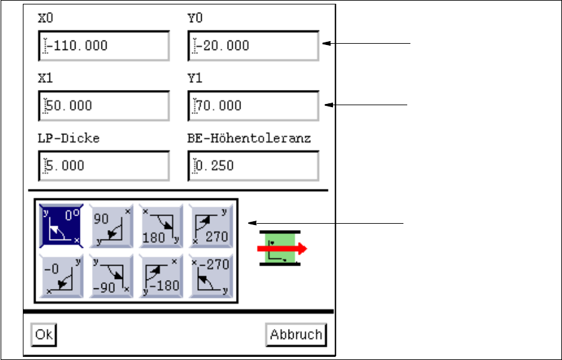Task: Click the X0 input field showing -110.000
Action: [x=104, y=46]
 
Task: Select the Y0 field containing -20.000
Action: [x=254, y=46]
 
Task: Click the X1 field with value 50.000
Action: [x=104, y=106]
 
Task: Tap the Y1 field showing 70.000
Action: [x=254, y=106]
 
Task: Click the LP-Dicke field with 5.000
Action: [x=104, y=166]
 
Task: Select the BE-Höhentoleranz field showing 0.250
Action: [x=254, y=166]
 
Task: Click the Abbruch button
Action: [x=296, y=335]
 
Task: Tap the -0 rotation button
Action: [x=62, y=276]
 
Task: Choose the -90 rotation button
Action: [x=112, y=276]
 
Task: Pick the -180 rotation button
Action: [x=161, y=276]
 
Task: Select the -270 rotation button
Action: [x=211, y=276]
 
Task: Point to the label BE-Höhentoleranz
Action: [x=249, y=138]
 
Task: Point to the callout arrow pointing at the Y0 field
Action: [x=368, y=43]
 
